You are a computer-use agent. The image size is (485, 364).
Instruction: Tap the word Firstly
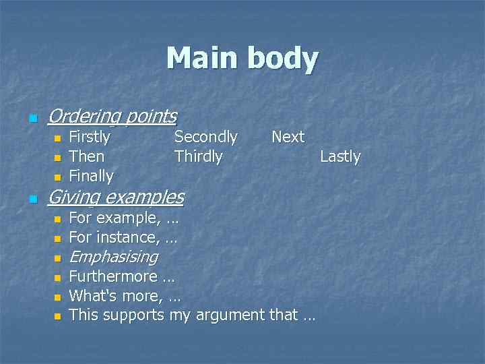tap(90, 137)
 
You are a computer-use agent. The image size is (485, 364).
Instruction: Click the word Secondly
tap(205, 137)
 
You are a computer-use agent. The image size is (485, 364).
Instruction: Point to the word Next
tap(288, 137)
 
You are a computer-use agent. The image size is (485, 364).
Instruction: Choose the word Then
tap(87, 156)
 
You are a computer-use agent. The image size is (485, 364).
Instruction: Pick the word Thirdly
tap(198, 156)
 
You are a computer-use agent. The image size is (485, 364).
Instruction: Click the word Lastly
tap(340, 156)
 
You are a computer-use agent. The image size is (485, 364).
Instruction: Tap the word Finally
tap(91, 176)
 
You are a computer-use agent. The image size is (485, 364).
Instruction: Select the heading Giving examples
tap(116, 197)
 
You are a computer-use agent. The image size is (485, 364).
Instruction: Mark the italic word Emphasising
tap(113, 257)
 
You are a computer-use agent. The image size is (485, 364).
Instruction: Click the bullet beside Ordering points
tap(32, 119)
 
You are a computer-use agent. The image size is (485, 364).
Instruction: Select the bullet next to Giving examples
tap(32, 200)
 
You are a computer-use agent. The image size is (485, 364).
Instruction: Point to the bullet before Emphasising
tap(57, 258)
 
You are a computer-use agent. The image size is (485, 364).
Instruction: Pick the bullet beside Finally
tap(57, 178)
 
